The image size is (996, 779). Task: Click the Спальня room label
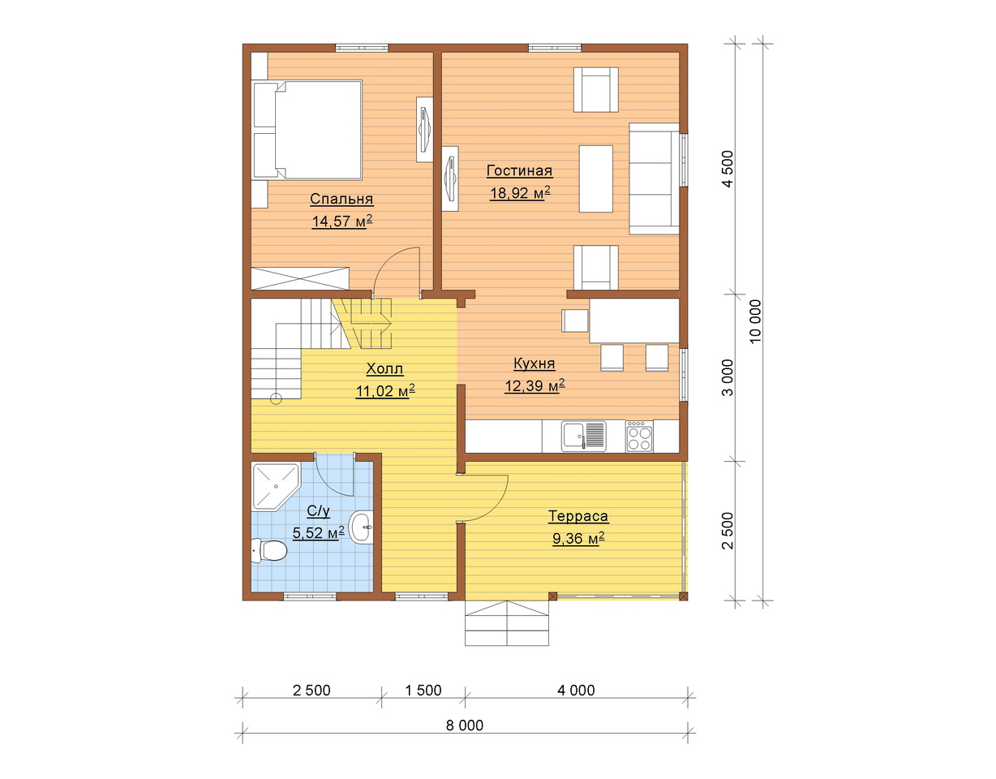[341, 199]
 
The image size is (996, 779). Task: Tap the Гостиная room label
[519, 171]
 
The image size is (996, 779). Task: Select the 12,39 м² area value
[534, 385]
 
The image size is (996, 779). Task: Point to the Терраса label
[578, 516]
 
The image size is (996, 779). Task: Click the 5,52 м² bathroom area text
[319, 533]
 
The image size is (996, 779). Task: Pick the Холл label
[384, 368]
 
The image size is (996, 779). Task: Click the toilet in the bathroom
[269, 550]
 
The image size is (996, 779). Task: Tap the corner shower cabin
[275, 486]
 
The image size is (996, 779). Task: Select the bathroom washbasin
[362, 527]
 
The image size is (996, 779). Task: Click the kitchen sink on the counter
[584, 436]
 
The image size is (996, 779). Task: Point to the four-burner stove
[639, 436]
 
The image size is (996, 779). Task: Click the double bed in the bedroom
[307, 130]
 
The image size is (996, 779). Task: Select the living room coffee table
[596, 179]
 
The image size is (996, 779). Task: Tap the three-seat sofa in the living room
[654, 179]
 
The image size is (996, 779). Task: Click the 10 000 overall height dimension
[756, 321]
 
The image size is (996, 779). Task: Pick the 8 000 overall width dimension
[464, 725]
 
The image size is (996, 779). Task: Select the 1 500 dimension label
[423, 690]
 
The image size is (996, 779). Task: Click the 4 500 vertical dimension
[728, 169]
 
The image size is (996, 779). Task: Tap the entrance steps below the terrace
[507, 623]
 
